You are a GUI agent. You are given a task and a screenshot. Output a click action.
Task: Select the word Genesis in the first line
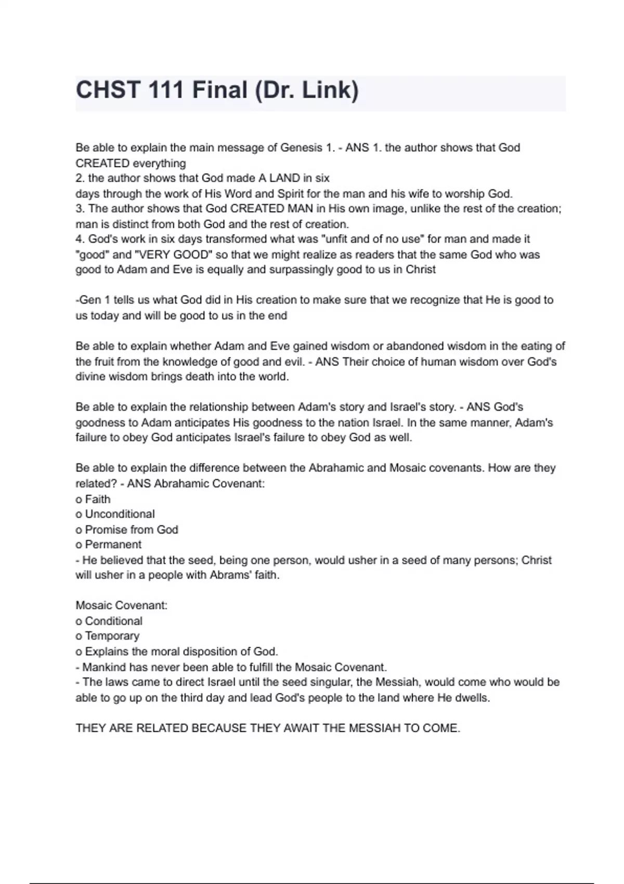[x=301, y=148]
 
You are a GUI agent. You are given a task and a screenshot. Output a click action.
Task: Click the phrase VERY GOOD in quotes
[x=174, y=255]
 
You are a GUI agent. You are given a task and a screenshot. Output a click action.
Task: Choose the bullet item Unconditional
[x=120, y=514]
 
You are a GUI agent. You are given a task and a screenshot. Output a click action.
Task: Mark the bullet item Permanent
[x=113, y=545]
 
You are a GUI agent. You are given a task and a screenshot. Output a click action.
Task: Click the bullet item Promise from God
[x=131, y=530]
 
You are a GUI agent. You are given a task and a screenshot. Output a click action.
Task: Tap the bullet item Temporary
[x=112, y=636]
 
